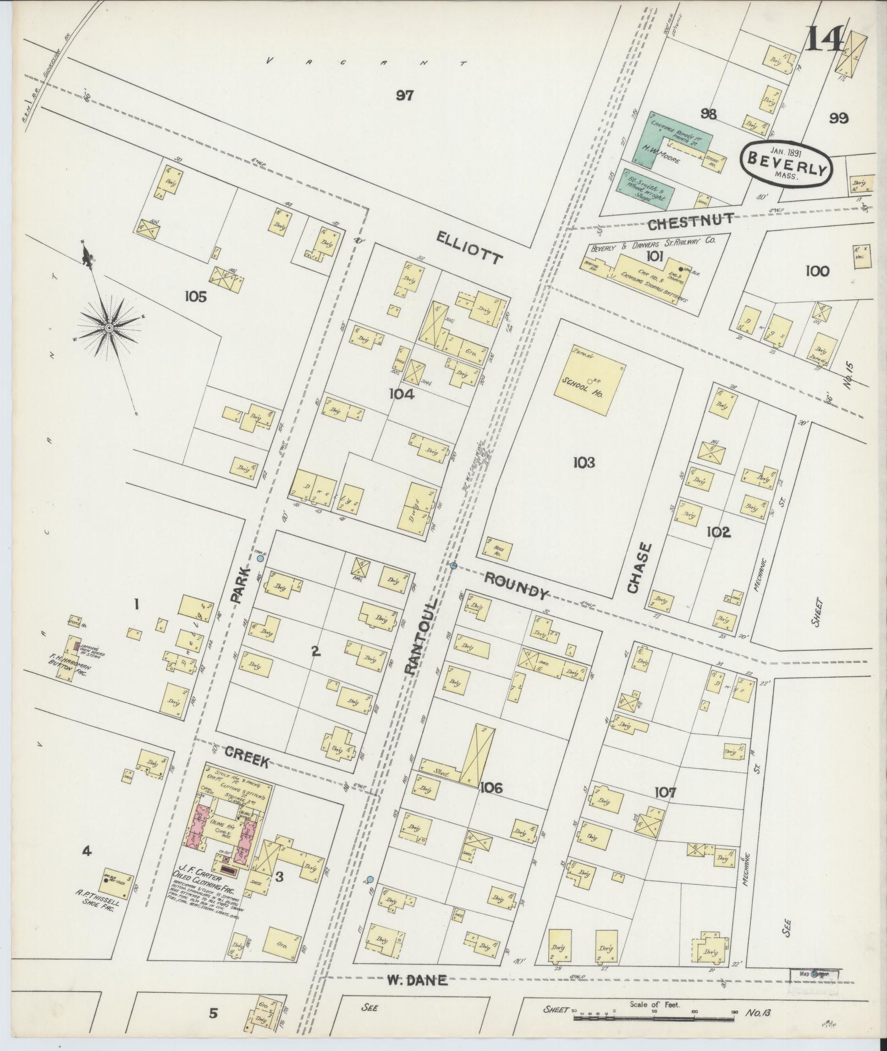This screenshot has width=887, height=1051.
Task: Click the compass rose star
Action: pos(109,328)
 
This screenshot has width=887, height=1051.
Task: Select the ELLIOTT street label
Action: pos(470,248)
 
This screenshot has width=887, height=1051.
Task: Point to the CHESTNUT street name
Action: pos(690,221)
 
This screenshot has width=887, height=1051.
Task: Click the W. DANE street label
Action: pos(417,980)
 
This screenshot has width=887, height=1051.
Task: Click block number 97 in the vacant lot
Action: pos(404,96)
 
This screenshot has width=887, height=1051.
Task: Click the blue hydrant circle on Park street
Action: pos(260,559)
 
